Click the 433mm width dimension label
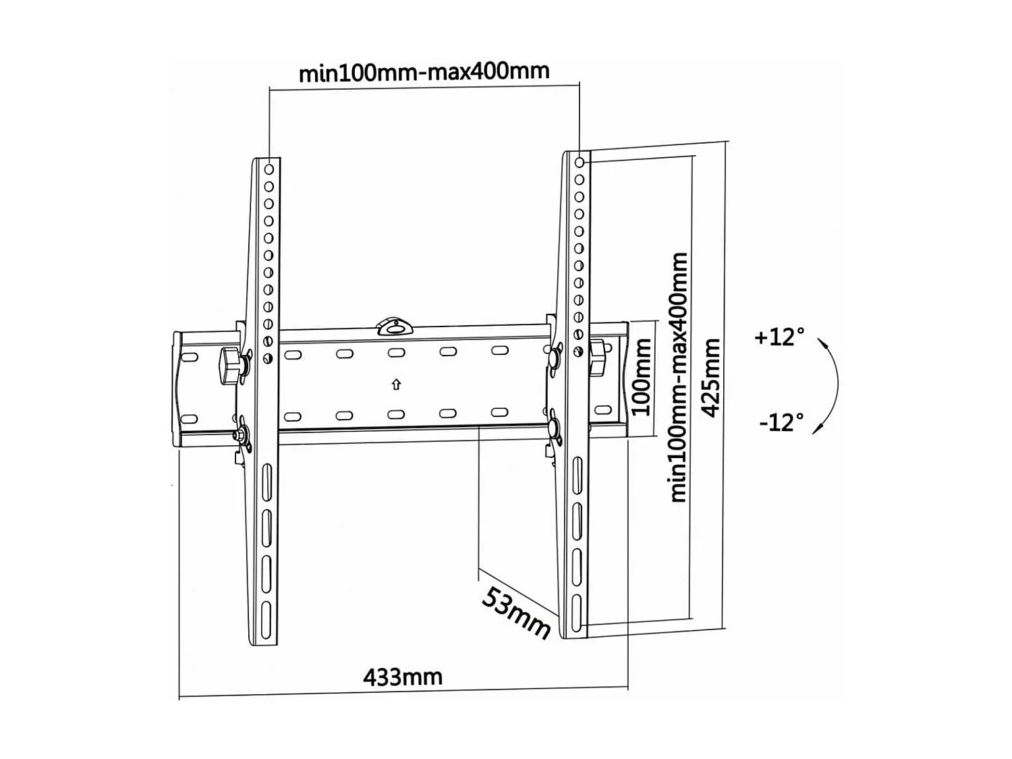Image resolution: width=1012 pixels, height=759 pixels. pos(403,676)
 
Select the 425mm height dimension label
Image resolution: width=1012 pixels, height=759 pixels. pos(711,378)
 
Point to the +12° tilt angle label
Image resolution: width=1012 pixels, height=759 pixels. pos(779,336)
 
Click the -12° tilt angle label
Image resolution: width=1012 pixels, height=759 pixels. pos(781,423)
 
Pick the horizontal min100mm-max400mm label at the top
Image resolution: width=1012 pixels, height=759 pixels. pos(424,71)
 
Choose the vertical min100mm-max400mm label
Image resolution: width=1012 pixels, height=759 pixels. pos(678,378)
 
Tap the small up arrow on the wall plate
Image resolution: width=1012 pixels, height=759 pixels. pos(396,385)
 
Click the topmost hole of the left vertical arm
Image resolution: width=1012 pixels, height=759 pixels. pos(269,169)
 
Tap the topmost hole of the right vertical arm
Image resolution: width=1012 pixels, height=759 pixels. pos(580,163)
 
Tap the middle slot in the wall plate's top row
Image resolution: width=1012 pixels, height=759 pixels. pos(396,353)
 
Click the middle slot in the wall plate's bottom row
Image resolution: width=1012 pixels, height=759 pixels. pos(396,415)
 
